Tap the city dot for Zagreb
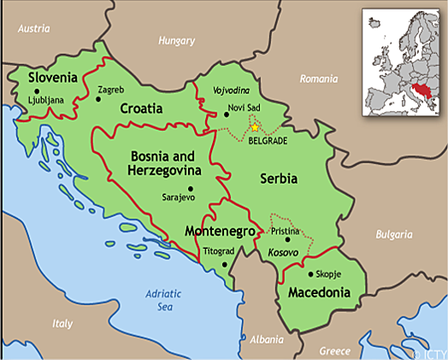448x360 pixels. (98, 99)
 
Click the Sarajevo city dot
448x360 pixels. (190, 188)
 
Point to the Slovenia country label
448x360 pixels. (53, 78)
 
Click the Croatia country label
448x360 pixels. (141, 109)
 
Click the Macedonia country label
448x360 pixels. (319, 292)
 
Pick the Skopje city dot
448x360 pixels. (309, 274)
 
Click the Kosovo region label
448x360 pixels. (283, 255)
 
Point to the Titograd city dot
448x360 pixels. (225, 264)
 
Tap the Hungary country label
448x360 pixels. (177, 40)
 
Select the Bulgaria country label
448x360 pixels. (394, 233)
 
